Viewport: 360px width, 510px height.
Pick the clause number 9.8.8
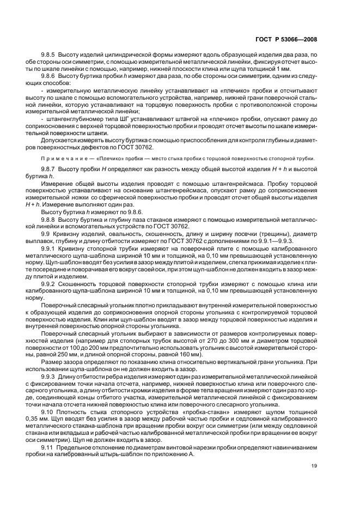[50, 218]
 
